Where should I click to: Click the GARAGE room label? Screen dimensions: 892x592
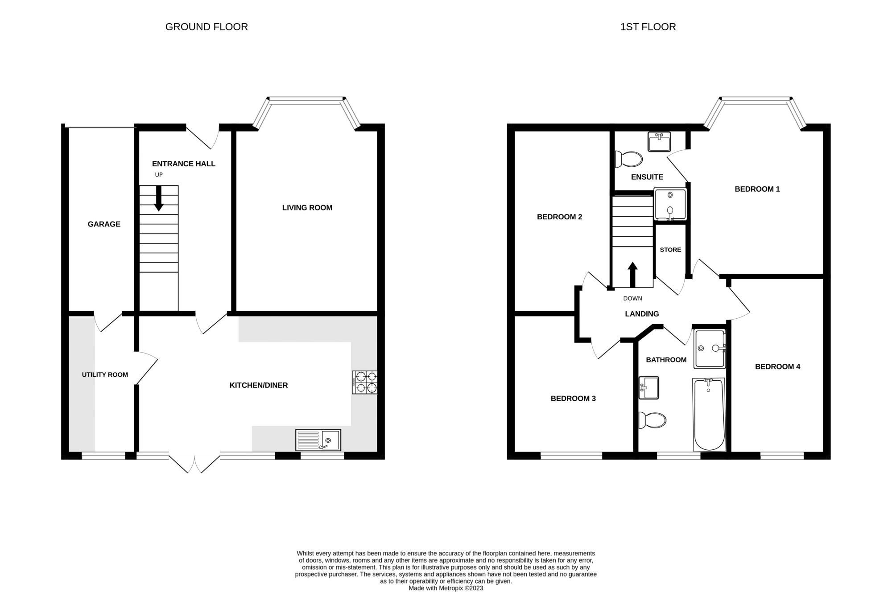click(x=104, y=224)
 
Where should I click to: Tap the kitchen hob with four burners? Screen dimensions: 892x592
click(x=365, y=382)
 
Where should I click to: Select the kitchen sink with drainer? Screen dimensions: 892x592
click(x=318, y=440)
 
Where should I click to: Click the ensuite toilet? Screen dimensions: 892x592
click(x=628, y=159)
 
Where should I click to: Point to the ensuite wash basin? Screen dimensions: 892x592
click(x=660, y=142)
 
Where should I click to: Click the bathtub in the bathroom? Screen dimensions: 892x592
click(x=709, y=415)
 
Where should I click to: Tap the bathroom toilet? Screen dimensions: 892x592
click(x=652, y=420)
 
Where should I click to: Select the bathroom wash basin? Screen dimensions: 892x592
click(x=649, y=388)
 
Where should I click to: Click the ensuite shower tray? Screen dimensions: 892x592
click(x=670, y=204)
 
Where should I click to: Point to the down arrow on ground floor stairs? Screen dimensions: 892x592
click(x=159, y=198)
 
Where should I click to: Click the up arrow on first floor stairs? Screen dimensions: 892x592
click(x=632, y=275)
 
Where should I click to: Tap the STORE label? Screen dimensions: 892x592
click(x=670, y=250)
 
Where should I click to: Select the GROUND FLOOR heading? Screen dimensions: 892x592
click(x=206, y=27)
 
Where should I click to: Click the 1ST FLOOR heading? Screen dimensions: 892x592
click(x=648, y=27)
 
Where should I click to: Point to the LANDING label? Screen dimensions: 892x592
click(x=642, y=314)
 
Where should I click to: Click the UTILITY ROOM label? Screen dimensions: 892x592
click(x=105, y=375)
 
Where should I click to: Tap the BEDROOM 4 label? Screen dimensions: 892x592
click(x=777, y=367)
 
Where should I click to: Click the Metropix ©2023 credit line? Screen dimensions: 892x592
click(x=446, y=588)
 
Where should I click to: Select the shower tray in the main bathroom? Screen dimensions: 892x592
click(x=710, y=349)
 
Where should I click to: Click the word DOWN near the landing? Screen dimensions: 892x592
click(x=632, y=298)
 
